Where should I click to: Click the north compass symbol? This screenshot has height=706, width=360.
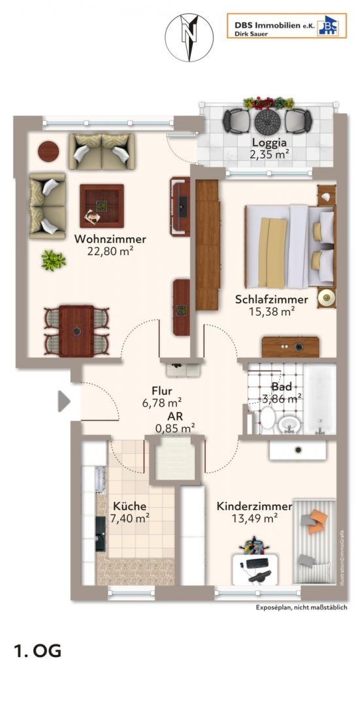click(189, 37)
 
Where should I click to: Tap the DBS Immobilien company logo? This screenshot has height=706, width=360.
click(287, 25)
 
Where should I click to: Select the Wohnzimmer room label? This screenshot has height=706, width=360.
click(110, 239)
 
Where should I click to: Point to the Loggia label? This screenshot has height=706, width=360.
click(270, 143)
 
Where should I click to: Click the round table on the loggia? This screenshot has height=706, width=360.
click(267, 121)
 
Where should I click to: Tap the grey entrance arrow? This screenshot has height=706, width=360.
click(64, 401)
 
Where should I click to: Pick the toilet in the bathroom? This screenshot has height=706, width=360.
click(267, 416)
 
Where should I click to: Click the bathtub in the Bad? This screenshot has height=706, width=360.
click(320, 399)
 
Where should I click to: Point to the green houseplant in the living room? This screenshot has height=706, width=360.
click(54, 260)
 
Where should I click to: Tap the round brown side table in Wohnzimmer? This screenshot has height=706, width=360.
click(48, 151)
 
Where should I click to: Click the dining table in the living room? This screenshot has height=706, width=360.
click(76, 331)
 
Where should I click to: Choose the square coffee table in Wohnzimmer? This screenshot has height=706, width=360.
click(102, 206)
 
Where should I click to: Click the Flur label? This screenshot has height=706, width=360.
click(162, 391)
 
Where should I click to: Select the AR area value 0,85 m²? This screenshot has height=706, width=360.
click(175, 428)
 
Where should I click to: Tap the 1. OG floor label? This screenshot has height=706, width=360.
click(38, 651)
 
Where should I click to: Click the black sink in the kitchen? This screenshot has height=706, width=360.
click(101, 533)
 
